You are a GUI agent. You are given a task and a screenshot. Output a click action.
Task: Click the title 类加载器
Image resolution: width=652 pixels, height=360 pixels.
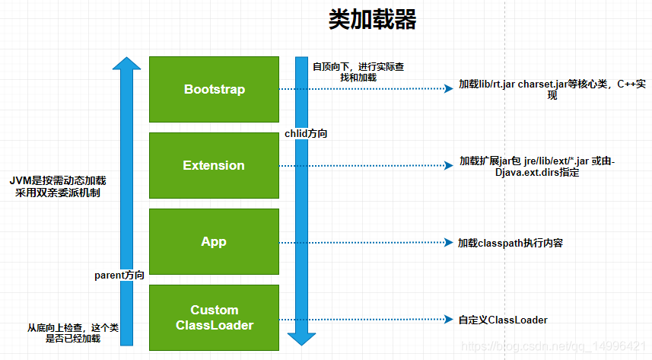[372, 19]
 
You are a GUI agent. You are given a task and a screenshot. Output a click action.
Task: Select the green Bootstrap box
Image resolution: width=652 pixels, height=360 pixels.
[214, 90]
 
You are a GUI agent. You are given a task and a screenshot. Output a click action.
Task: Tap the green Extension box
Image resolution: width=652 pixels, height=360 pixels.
[214, 165]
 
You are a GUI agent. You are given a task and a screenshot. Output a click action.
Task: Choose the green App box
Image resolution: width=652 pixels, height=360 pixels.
[214, 241]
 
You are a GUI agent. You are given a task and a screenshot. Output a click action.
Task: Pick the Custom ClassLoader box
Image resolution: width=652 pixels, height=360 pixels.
[214, 317]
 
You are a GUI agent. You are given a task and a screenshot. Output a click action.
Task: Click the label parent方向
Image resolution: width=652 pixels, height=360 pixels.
[119, 275]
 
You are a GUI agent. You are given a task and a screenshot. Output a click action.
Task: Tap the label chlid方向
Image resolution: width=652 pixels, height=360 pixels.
[306, 134]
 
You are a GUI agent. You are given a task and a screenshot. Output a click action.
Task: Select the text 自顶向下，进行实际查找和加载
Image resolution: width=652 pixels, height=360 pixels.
[358, 72]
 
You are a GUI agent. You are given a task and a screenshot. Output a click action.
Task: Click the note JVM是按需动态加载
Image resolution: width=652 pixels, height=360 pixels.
[58, 180]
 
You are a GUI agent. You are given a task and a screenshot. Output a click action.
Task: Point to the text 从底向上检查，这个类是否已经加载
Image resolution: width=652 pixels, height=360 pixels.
[73, 333]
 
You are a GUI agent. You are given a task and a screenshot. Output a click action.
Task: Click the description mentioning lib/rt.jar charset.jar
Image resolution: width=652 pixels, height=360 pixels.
[552, 90]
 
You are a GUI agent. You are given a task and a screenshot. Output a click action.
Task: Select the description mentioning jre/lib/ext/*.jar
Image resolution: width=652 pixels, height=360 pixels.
[537, 167]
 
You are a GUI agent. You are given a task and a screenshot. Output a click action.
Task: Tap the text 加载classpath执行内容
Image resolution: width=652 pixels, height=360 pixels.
[510, 243]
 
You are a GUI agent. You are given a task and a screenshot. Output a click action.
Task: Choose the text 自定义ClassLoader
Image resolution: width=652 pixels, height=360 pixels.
[503, 320]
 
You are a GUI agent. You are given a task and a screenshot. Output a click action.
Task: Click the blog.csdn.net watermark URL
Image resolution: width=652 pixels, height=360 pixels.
[553, 346]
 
